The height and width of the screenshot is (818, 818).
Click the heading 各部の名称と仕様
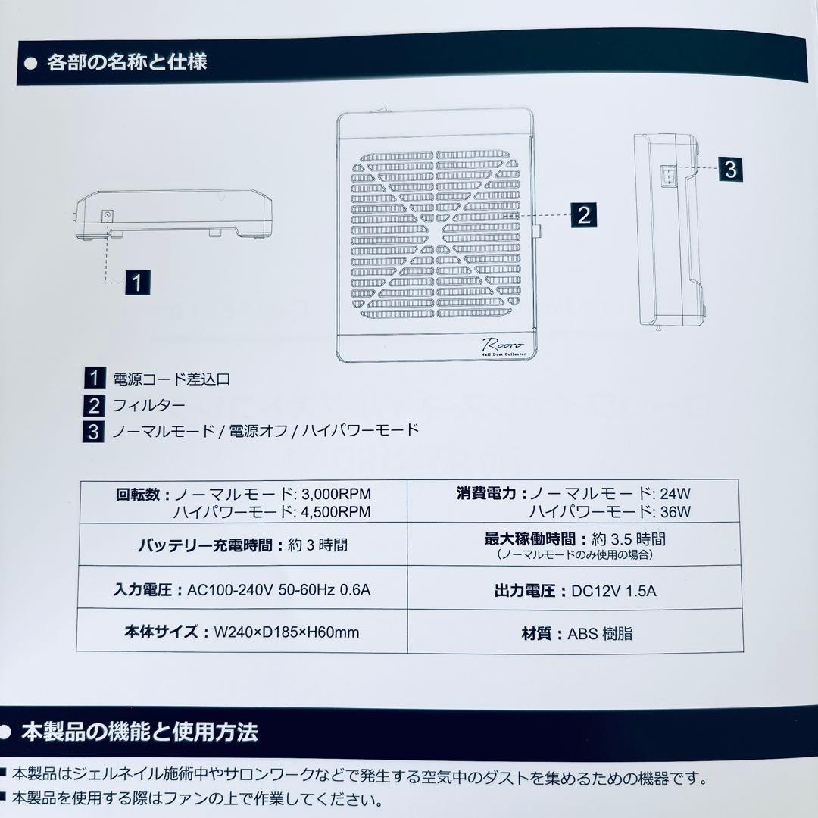click(x=126, y=62)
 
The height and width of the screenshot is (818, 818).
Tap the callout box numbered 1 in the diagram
click(x=136, y=283)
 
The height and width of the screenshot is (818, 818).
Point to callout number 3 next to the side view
click(x=729, y=168)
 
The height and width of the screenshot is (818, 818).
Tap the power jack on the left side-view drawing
click(x=107, y=216)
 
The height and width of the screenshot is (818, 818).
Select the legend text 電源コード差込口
click(x=171, y=378)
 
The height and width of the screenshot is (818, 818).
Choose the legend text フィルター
click(x=148, y=404)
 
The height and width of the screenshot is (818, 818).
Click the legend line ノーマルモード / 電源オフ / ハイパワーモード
click(x=265, y=431)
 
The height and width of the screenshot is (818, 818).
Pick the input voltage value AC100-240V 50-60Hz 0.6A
click(x=279, y=590)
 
